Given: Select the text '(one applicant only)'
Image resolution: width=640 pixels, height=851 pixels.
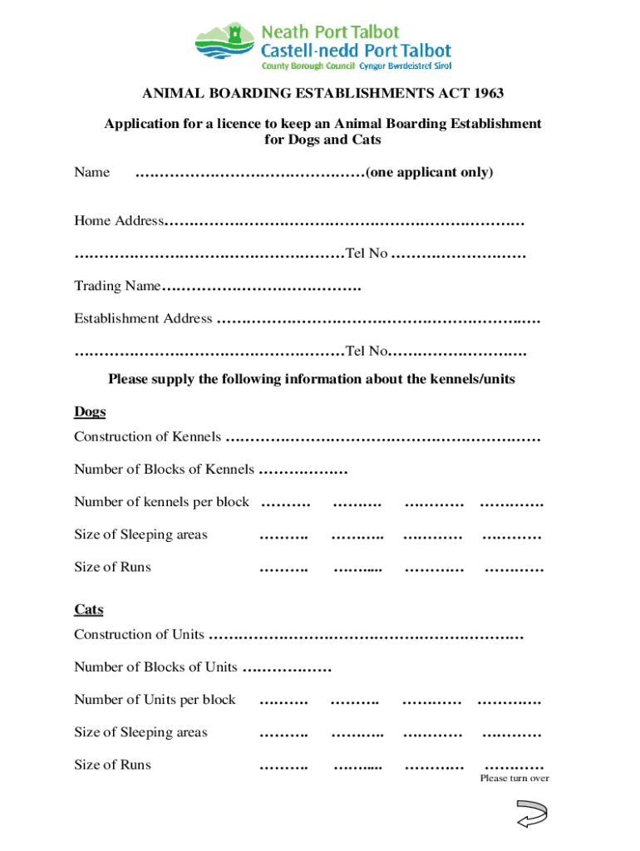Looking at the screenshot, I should [x=429, y=172].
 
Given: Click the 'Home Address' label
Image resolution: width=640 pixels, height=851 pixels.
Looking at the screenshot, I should [x=119, y=221].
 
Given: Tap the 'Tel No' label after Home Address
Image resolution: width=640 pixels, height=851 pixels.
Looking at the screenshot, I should [x=366, y=253].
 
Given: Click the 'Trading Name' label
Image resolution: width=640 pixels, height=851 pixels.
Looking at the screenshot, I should [x=117, y=286].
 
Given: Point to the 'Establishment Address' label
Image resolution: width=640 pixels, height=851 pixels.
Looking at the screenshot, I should [x=143, y=318].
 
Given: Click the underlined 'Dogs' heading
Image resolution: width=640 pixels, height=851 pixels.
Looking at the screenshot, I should [x=90, y=412].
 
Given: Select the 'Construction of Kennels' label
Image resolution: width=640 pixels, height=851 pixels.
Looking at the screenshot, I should [x=148, y=436].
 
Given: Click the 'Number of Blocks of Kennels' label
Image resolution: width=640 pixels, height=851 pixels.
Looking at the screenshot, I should [x=164, y=469].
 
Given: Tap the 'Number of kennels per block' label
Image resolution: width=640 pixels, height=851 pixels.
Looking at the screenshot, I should [x=161, y=501].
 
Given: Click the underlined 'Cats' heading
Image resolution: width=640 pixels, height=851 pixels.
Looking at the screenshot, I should [x=89, y=609].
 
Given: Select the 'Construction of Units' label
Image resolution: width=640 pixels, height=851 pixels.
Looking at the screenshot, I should [x=139, y=634].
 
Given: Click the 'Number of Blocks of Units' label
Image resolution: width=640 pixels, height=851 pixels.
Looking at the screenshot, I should [x=155, y=667].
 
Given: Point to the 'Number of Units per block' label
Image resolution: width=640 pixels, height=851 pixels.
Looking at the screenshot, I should [x=155, y=699].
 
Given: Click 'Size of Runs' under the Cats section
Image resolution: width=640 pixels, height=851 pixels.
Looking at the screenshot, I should [x=112, y=765].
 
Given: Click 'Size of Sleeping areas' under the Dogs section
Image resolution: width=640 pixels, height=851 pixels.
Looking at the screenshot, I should [x=140, y=534].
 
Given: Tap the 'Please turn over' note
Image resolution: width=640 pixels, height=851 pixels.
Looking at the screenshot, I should [x=514, y=779].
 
